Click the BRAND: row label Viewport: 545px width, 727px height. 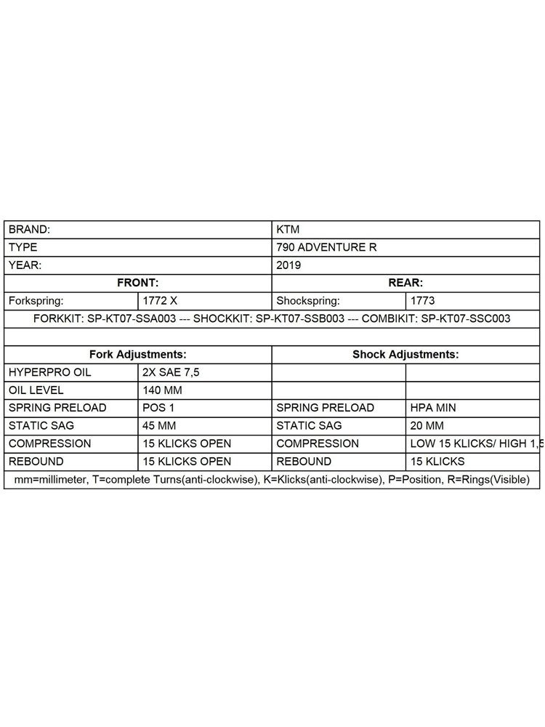click(x=29, y=229)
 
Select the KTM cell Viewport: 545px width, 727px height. click(x=288, y=229)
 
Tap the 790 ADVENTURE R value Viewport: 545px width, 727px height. click(x=326, y=247)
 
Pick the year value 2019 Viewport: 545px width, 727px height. click(x=288, y=265)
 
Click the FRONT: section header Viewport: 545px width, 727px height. click(x=137, y=283)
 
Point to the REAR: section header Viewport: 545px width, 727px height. click(x=405, y=283)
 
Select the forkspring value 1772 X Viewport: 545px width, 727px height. click(x=160, y=300)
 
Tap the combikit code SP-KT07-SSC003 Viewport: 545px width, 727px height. click(x=466, y=318)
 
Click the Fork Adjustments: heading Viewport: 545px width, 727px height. click(x=137, y=355)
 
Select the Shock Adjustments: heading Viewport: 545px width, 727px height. click(x=405, y=355)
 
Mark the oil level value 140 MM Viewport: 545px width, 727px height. click(x=162, y=390)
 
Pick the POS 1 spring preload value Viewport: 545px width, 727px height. click(x=159, y=408)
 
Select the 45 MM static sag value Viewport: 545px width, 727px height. click(x=159, y=426)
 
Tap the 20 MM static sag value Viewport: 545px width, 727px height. click(x=427, y=426)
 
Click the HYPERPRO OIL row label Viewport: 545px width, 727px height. click(x=49, y=372)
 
